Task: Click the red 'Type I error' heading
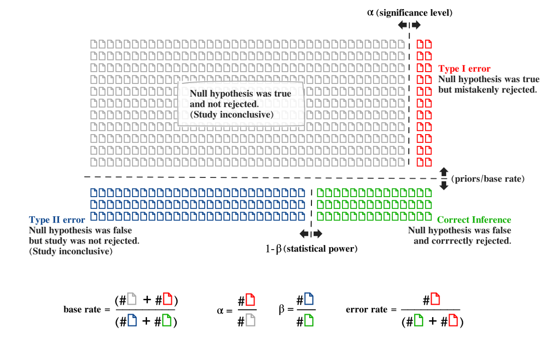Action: pyautogui.click(x=464, y=69)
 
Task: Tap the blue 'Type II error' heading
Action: pyautogui.click(x=57, y=220)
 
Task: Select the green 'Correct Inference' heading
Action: pyautogui.click(x=474, y=220)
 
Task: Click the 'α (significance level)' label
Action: pyautogui.click(x=410, y=12)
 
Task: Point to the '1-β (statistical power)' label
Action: pyautogui.click(x=311, y=249)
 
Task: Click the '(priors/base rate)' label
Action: pyautogui.click(x=488, y=179)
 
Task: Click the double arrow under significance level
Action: pyautogui.click(x=409, y=25)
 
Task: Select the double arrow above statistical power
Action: pyautogui.click(x=311, y=234)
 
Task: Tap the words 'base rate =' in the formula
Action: pyautogui.click(x=87, y=309)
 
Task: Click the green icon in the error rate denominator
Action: pyautogui.click(x=418, y=321)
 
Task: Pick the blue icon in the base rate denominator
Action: pyautogui.click(x=132, y=321)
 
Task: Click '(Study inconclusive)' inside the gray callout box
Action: pyautogui.click(x=232, y=115)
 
